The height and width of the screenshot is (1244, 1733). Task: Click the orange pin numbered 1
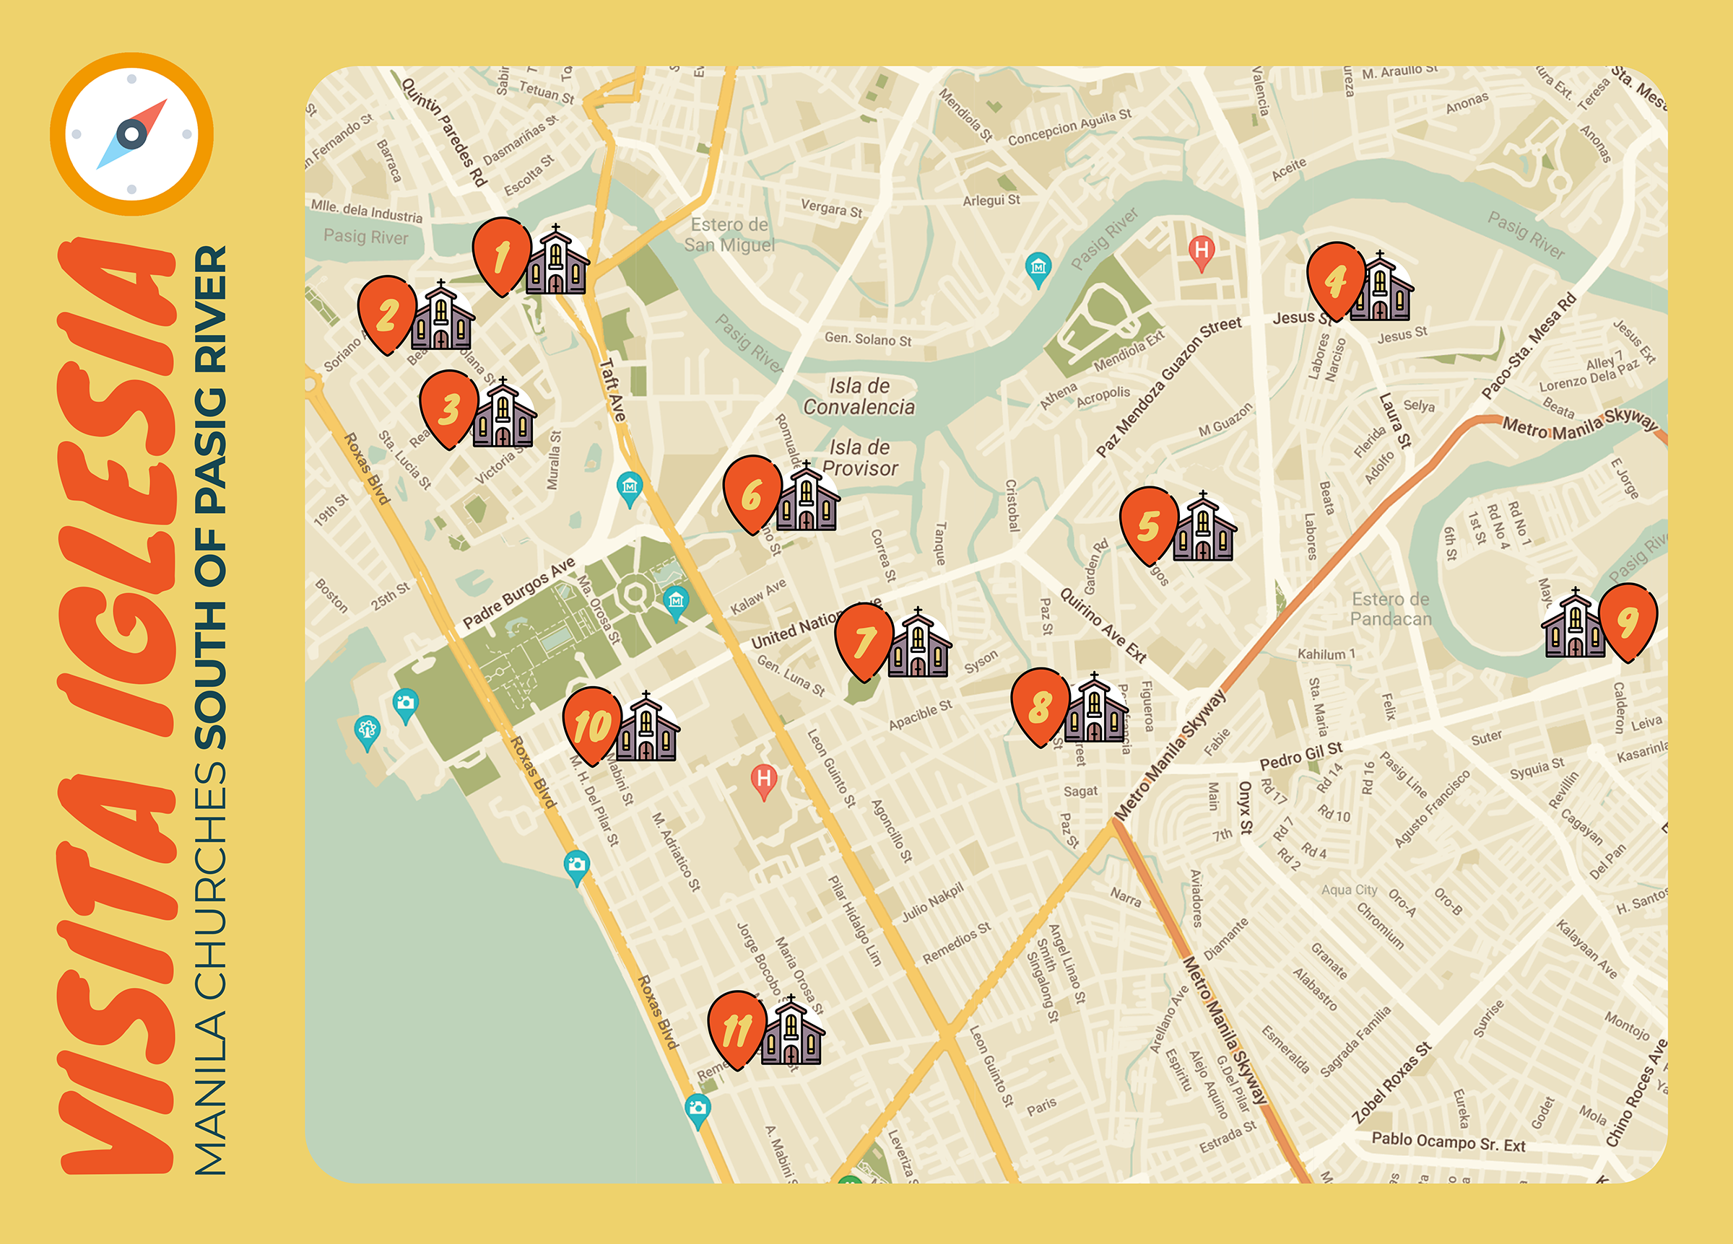(x=502, y=254)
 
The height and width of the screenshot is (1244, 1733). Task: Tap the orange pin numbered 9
(x=1628, y=619)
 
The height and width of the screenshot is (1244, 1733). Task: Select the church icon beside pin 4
(x=1381, y=288)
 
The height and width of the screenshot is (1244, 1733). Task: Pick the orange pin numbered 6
(x=752, y=493)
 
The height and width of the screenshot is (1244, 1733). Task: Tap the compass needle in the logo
(x=131, y=133)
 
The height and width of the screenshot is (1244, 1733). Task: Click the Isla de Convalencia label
(x=859, y=396)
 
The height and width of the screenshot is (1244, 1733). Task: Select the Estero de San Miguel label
(x=729, y=235)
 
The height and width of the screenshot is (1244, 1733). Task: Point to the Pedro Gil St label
(x=1300, y=755)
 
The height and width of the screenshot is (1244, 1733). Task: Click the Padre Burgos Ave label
(x=519, y=593)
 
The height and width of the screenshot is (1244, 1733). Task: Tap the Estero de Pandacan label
(x=1391, y=608)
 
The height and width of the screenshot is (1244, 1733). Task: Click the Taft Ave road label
(x=612, y=390)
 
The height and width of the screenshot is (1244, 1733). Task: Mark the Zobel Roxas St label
(x=1391, y=1083)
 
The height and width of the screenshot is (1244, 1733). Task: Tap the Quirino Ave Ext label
(x=1103, y=625)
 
